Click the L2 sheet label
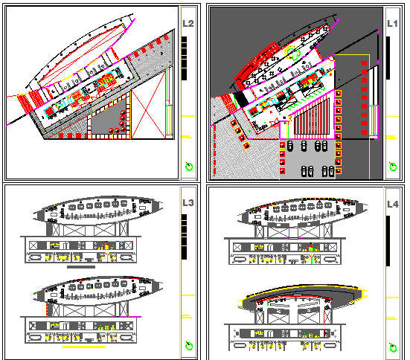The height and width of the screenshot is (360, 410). point(188,24)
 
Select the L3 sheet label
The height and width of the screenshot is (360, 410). point(188,202)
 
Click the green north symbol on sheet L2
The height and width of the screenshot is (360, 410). point(188,166)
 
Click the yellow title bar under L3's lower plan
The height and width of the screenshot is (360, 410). point(83,347)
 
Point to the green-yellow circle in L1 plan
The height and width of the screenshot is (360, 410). point(293,53)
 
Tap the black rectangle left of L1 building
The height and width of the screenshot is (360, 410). point(232,99)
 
